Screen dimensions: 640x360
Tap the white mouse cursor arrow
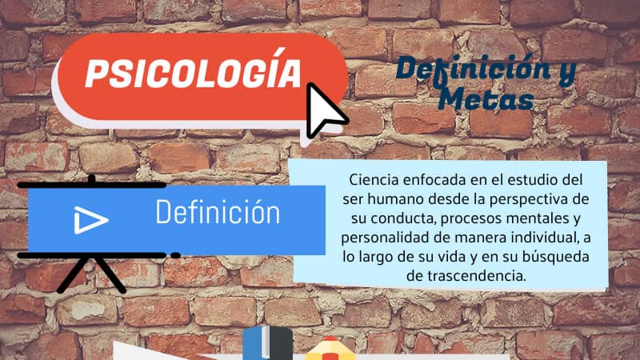325,110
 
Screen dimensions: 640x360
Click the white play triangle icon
90,220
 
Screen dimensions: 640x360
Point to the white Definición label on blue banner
218,212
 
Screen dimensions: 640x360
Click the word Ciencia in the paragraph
369,179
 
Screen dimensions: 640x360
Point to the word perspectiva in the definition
530,199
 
